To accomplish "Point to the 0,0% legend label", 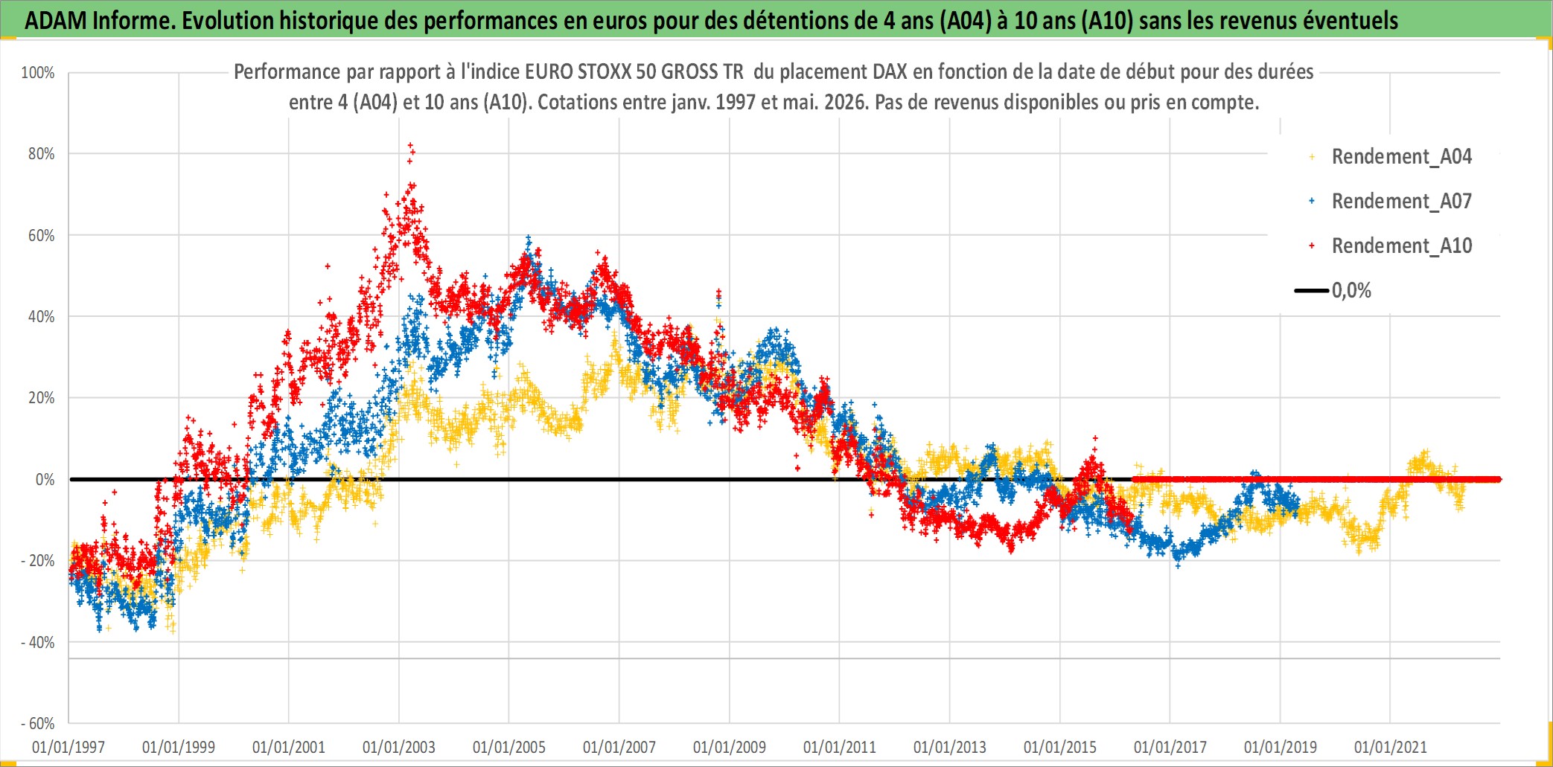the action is point(1351,290).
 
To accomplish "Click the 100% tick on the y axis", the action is point(38,73).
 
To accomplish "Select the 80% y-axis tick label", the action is point(41,154).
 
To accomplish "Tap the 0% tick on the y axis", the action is point(45,480).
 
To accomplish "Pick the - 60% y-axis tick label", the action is point(38,723).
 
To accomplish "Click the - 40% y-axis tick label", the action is point(38,642).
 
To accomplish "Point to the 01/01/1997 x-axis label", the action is point(68,747).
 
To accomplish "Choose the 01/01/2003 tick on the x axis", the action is point(399,747).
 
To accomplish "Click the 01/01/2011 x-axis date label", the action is point(840,747).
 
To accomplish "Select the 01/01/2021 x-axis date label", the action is point(1391,747).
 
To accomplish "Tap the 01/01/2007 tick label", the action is point(619,747).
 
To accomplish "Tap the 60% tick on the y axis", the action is point(41,236).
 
